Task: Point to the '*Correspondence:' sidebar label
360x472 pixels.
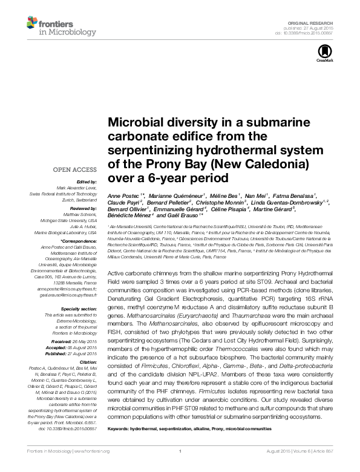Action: pos(79,240)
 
